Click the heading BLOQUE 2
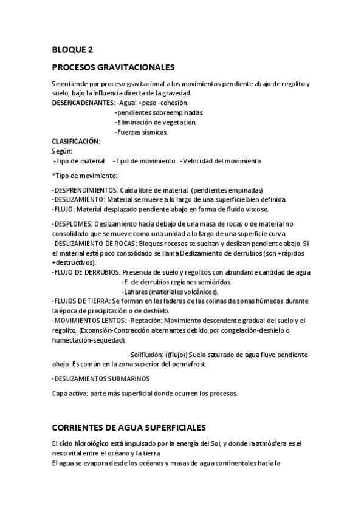click(72, 50)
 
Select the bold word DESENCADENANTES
click(83, 103)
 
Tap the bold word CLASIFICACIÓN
click(75, 141)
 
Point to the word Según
click(62, 151)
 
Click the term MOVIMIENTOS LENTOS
click(89, 320)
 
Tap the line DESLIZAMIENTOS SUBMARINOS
click(101, 378)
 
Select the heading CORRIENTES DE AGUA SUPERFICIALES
click(129, 428)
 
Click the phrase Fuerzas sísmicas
click(142, 132)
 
